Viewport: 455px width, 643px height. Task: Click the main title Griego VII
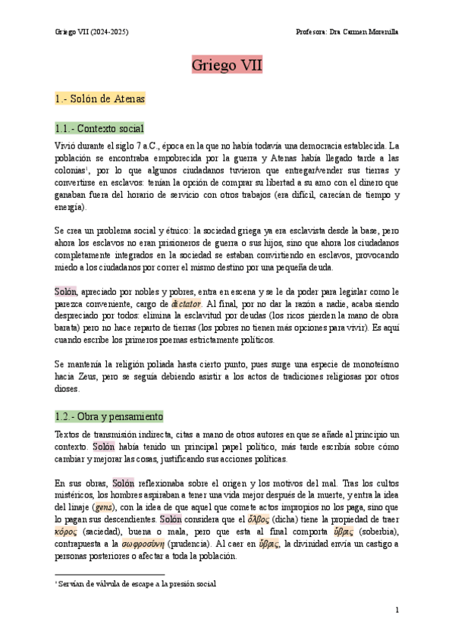point(227,66)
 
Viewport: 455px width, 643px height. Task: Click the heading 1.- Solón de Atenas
point(100,99)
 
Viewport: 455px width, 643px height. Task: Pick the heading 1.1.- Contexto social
point(99,128)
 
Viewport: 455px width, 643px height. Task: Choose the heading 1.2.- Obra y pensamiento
point(108,417)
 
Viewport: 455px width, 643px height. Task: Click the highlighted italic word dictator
point(186,303)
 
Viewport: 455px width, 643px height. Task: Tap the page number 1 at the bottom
point(397,610)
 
